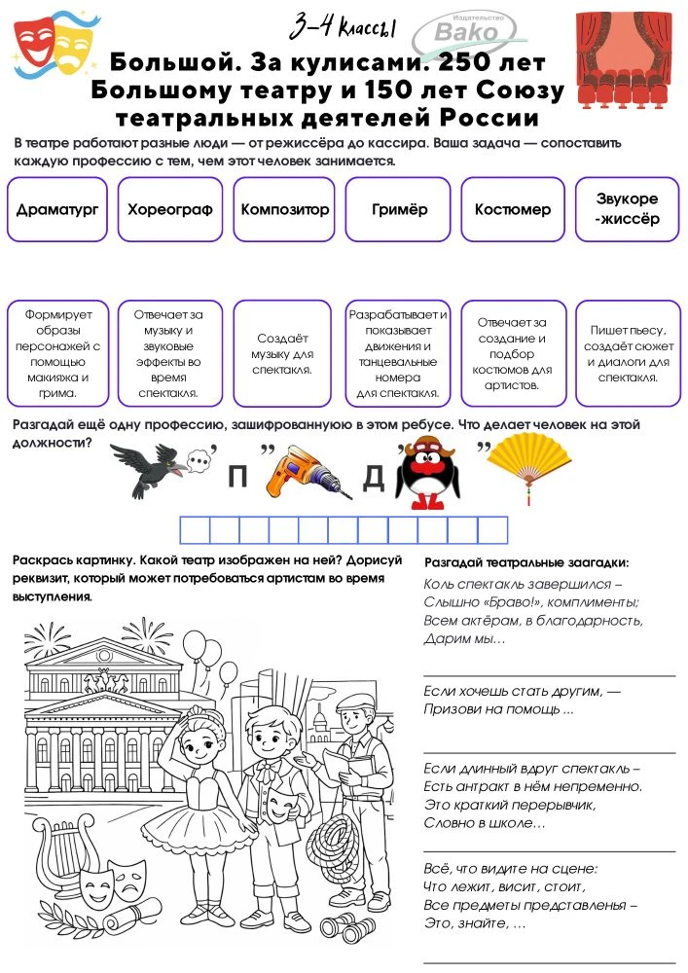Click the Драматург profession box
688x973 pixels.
click(x=57, y=209)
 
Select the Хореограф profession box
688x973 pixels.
click(x=170, y=209)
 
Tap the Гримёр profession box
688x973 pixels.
click(x=399, y=209)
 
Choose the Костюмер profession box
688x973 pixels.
click(x=513, y=209)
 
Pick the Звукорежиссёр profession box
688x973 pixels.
click(x=627, y=209)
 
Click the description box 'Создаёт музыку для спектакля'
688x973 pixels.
click(x=284, y=352)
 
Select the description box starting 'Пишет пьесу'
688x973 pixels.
click(x=627, y=352)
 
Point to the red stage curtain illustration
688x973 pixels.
click(x=625, y=58)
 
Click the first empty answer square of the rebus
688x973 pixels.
click(x=197, y=529)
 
